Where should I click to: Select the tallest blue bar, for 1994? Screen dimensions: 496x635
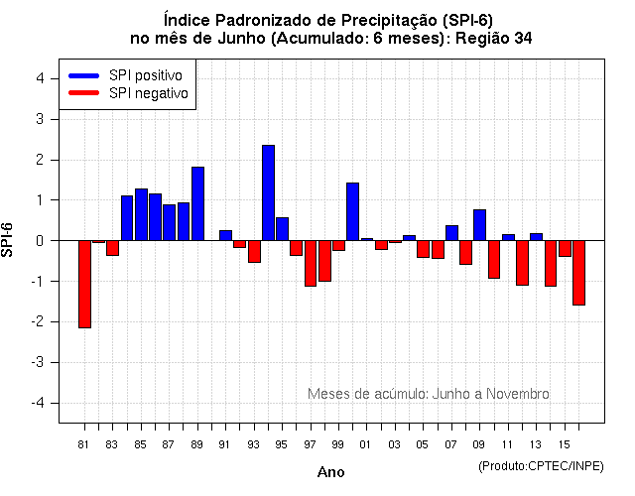[268, 192]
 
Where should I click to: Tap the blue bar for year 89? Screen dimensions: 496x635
[197, 203]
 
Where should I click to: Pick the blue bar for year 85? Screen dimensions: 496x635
[141, 214]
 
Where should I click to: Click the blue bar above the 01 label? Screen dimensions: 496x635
[352, 211]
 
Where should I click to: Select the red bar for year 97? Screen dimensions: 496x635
[311, 263]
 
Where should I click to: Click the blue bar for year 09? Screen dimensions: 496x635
[479, 225]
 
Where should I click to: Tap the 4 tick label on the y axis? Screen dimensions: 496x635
[39, 78]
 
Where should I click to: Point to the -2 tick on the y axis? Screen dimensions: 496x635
[36, 321]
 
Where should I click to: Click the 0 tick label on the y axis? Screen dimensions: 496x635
[39, 240]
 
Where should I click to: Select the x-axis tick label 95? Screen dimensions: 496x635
[282, 445]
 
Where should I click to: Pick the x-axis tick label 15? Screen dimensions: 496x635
[564, 445]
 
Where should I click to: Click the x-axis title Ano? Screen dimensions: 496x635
[330, 472]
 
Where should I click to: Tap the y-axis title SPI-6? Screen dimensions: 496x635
[11, 240]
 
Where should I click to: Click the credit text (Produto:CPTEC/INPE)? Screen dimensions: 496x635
[540, 465]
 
